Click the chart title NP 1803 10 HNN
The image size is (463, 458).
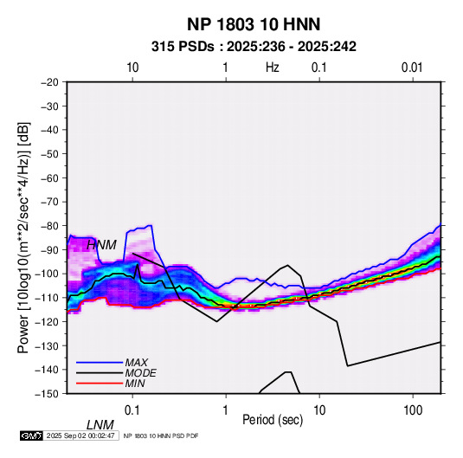click(254, 24)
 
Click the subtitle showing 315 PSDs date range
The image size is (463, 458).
click(254, 47)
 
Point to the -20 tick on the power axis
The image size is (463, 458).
click(49, 82)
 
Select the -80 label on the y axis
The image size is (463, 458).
click(49, 226)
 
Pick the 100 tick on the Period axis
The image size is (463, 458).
click(413, 410)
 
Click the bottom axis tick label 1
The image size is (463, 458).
click(226, 410)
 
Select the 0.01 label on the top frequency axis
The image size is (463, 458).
click(412, 68)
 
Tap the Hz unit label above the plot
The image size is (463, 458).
click(273, 68)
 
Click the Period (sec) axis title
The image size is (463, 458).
click(273, 420)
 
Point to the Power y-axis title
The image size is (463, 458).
click(23, 238)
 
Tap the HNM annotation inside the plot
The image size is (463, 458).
click(101, 245)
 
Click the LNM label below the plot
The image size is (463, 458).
click(100, 425)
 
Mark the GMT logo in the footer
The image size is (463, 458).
click(32, 435)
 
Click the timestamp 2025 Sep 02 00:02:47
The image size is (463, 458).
click(80, 435)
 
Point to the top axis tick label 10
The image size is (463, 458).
click(132, 68)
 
